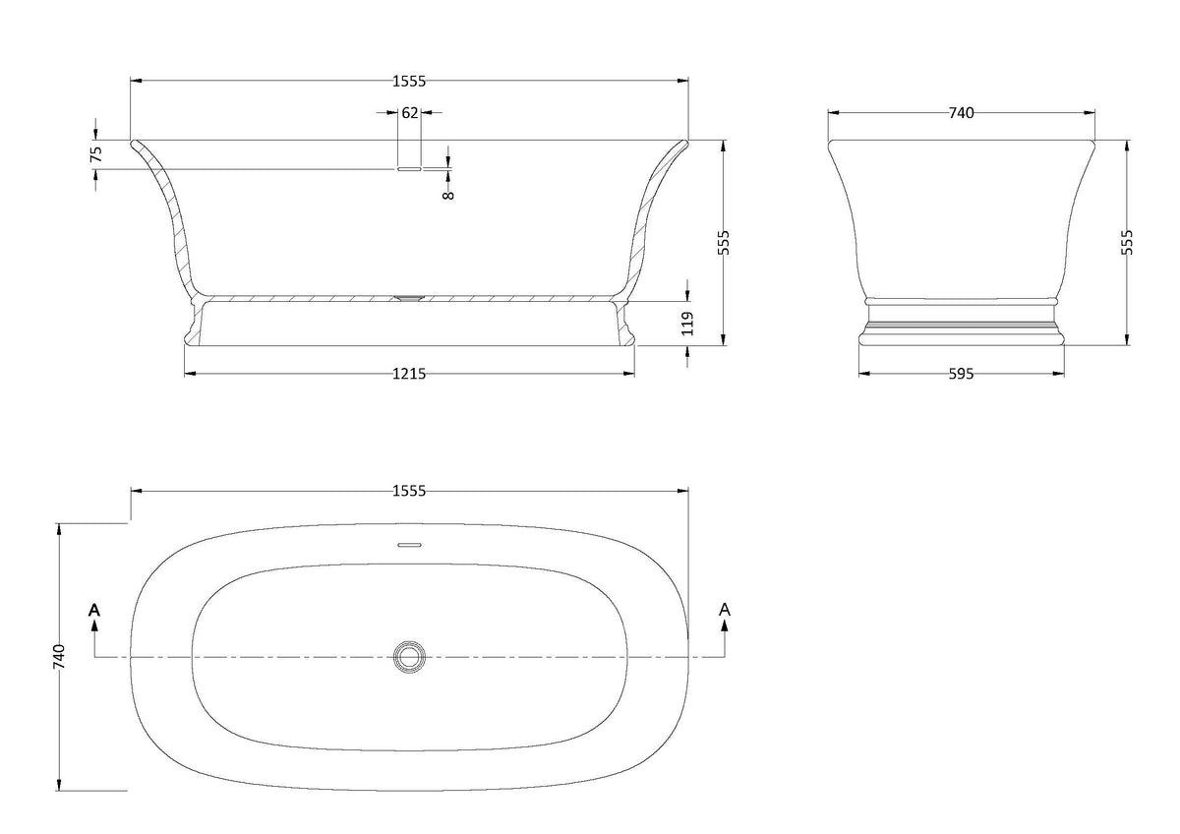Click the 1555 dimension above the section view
(x=409, y=81)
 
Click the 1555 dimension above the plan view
(x=409, y=491)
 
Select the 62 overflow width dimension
(x=409, y=113)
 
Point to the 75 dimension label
(x=96, y=153)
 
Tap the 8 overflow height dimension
(x=448, y=195)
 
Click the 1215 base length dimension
(x=409, y=374)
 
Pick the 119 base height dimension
(x=687, y=324)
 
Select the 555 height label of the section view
(x=725, y=242)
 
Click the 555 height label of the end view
(x=1126, y=242)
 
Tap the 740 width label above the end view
(x=961, y=113)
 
